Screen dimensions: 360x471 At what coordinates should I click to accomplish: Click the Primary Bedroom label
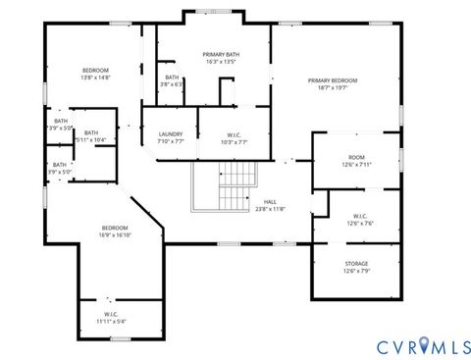pyautogui.click(x=332, y=80)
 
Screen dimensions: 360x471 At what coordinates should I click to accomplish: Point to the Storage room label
pyautogui.click(x=356, y=263)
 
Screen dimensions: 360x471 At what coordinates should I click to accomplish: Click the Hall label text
pyautogui.click(x=270, y=201)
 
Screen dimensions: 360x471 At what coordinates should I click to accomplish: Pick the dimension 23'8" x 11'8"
pyautogui.click(x=270, y=209)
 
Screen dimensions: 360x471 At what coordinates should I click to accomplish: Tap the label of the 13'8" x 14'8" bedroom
pyautogui.click(x=95, y=70)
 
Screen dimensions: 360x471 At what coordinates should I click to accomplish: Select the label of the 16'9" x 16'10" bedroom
pyautogui.click(x=115, y=228)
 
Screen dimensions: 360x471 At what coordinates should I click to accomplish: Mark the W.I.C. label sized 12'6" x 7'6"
pyautogui.click(x=356, y=216)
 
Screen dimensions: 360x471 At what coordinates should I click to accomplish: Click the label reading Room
pyautogui.click(x=356, y=157)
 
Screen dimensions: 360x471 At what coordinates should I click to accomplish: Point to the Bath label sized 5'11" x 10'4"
pyautogui.click(x=91, y=133)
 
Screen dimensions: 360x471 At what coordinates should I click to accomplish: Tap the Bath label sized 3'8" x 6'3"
pyautogui.click(x=172, y=77)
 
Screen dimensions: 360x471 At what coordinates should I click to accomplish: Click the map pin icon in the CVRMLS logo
pyautogui.click(x=424, y=345)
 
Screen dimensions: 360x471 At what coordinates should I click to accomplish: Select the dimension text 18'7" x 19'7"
pyautogui.click(x=332, y=88)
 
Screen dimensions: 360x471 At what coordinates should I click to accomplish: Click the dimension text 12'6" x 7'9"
pyautogui.click(x=356, y=271)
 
